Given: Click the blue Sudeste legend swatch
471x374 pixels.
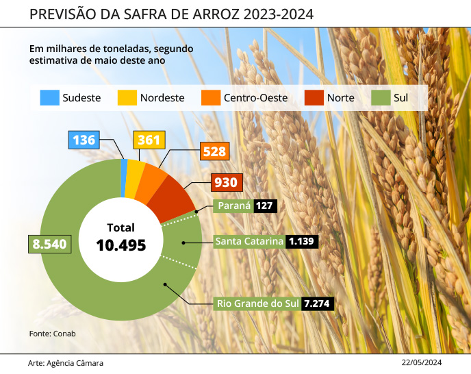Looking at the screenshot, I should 49,98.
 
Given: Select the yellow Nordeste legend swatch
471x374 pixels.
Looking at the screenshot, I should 127,98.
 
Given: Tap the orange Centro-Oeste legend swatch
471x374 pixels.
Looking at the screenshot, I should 211,98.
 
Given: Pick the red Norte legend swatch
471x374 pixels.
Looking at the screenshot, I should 314,98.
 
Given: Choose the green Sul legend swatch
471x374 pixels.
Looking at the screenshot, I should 381,98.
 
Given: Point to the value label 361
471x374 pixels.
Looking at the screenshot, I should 149,140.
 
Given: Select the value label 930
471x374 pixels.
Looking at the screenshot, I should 225,183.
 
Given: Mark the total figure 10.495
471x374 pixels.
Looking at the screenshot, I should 121,245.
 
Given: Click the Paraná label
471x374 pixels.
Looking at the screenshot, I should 233,205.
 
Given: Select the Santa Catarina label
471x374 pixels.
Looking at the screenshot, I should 249,241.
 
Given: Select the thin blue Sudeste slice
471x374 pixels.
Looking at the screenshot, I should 125,167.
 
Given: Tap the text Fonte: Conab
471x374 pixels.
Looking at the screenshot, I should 52,334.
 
